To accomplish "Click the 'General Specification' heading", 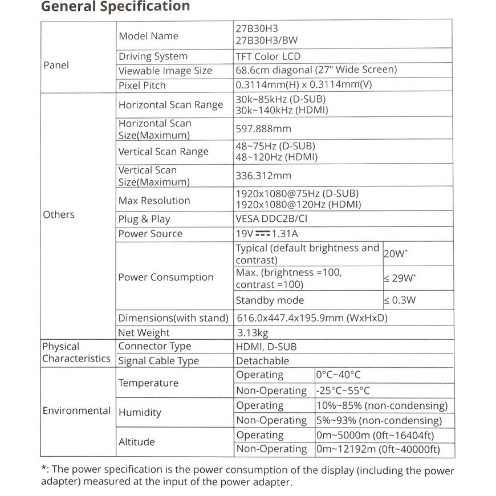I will (x=116, y=7).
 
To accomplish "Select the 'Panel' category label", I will (x=56, y=65).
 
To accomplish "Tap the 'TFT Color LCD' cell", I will (x=268, y=56).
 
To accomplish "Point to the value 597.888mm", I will (x=263, y=129).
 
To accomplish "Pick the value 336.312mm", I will (x=263, y=176).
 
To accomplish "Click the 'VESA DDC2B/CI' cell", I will (x=274, y=219).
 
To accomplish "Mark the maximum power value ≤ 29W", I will (x=400, y=278).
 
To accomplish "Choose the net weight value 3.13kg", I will (x=253, y=332).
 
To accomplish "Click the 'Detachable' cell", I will (x=262, y=361).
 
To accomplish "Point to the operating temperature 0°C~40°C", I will (x=339, y=375).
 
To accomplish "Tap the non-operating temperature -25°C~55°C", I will (x=343, y=391).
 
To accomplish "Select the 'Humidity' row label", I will (x=140, y=412).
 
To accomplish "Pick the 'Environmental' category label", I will (x=76, y=410).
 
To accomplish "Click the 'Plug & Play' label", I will (x=144, y=219).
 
